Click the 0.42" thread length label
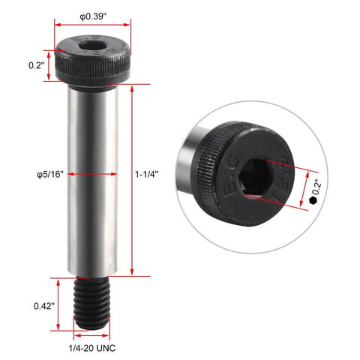click(43, 305)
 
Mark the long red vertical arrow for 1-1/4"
click(132, 180)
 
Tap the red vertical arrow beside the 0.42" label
click(61, 305)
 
